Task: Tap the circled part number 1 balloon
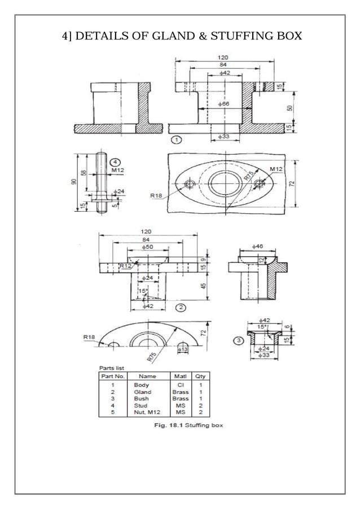click(x=177, y=139)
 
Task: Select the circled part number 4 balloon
click(x=115, y=160)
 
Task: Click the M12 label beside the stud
click(x=118, y=169)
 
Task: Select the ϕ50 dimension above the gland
click(x=148, y=247)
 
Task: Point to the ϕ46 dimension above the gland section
click(x=257, y=247)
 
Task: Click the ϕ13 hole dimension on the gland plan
click(x=183, y=350)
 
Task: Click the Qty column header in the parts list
click(x=200, y=376)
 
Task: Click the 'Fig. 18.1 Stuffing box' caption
click(x=189, y=425)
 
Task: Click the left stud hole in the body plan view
click(x=191, y=184)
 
